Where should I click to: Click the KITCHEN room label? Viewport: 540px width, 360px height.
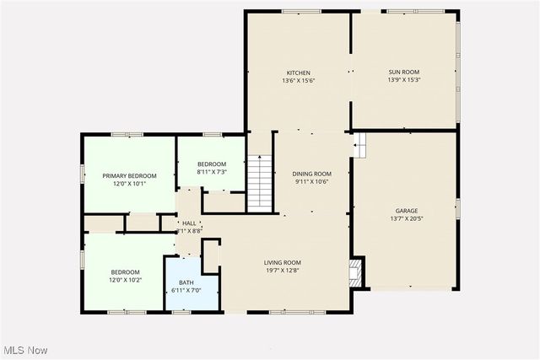tap(299, 73)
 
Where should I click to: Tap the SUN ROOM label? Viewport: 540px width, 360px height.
tap(404, 73)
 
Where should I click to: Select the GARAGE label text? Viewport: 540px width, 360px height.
tap(407, 211)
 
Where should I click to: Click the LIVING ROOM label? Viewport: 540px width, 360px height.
tap(282, 262)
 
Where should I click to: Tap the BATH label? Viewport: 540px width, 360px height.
tap(186, 282)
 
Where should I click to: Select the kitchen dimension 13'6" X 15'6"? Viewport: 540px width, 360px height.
tap(299, 81)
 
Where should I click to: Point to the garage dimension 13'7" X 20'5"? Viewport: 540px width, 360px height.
tap(407, 219)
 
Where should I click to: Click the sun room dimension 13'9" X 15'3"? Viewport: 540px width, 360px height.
tap(404, 81)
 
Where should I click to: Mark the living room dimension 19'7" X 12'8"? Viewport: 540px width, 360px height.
tap(282, 271)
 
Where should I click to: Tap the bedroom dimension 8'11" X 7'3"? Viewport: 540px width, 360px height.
tap(212, 172)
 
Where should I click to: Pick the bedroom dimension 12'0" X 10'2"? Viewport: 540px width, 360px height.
tap(125, 280)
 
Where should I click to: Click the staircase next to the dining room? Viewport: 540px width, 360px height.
tap(260, 184)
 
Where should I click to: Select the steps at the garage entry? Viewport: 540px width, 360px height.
tap(359, 145)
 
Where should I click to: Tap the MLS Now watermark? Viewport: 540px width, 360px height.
tap(24, 350)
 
